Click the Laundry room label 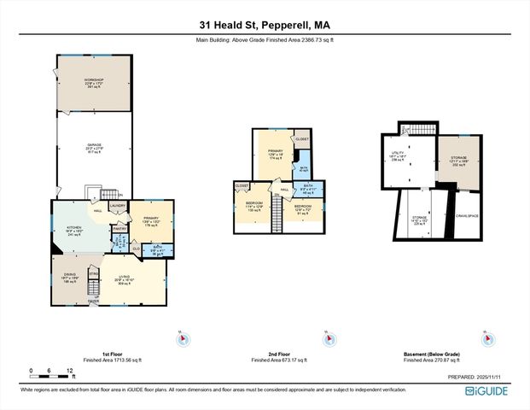(118, 206)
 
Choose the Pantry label (120, 229)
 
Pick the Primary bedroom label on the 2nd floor (274, 154)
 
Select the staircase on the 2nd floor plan (276, 218)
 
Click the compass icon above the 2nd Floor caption (328, 340)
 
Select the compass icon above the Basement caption (490, 340)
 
